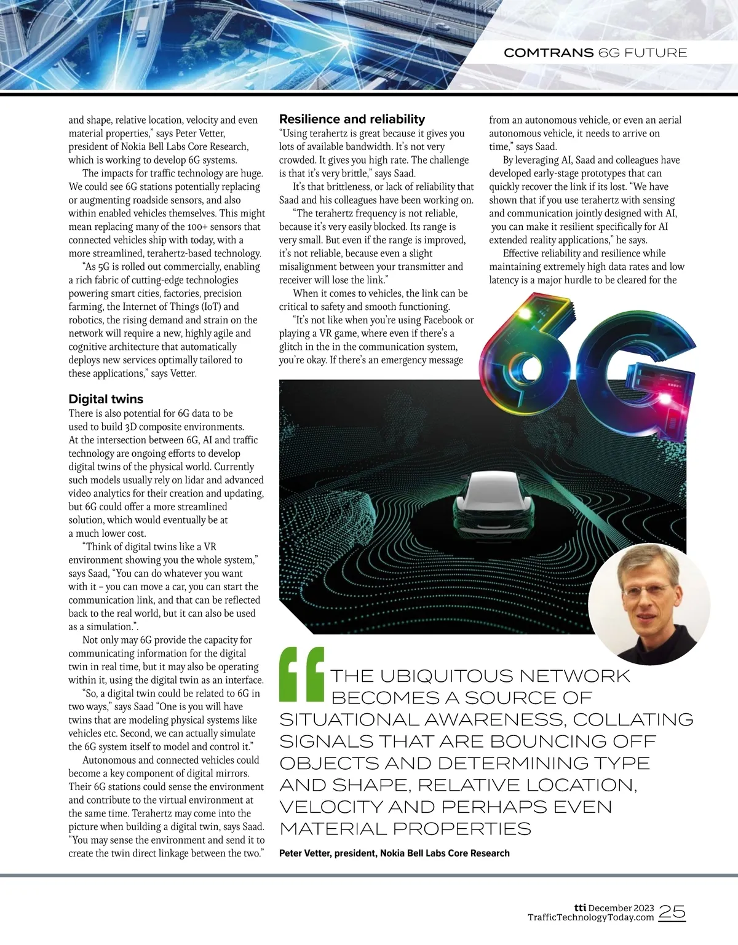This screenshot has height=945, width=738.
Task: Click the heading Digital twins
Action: [106, 399]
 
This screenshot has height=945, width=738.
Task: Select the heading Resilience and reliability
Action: [352, 119]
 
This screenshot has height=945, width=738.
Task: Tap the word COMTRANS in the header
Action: [549, 53]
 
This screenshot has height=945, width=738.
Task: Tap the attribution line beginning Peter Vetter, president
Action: [394, 853]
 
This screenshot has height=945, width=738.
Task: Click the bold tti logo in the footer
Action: [579, 890]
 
